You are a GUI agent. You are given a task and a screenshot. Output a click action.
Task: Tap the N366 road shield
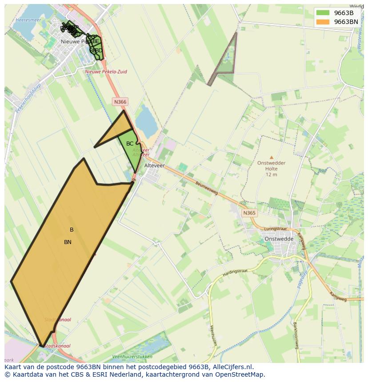tap(120, 102)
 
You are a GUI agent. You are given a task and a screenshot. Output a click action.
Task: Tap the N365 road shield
tap(249, 213)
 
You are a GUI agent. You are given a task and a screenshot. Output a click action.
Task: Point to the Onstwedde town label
tap(279, 239)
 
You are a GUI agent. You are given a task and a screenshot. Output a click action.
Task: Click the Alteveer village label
tap(155, 165)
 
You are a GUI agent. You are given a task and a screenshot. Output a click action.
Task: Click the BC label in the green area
tap(130, 144)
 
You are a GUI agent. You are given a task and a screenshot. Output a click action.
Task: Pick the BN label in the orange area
tap(68, 242)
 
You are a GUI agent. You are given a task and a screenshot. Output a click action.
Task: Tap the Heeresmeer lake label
tap(28, 20)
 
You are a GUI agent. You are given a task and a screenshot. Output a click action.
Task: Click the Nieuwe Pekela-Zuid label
tap(106, 71)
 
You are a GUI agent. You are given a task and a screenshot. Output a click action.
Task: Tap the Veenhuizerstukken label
tap(132, 357)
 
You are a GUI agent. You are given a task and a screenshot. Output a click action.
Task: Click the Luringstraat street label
tap(273, 229)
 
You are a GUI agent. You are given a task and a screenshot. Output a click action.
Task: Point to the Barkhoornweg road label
tap(295, 335)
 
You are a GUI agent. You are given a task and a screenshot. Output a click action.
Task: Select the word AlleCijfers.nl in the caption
tap(232, 367)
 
